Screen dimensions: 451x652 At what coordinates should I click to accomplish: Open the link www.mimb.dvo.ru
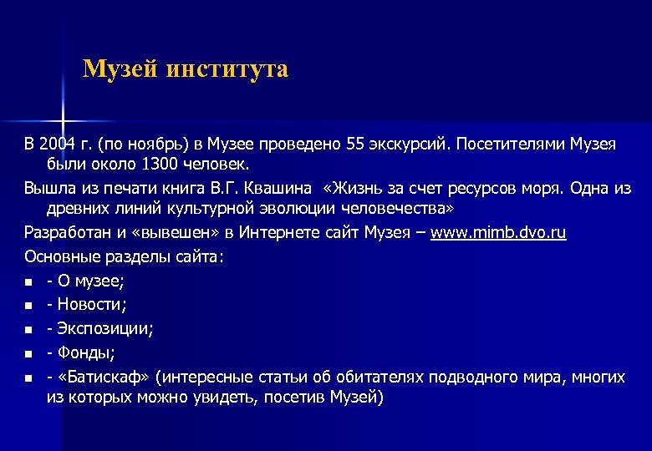[x=498, y=232]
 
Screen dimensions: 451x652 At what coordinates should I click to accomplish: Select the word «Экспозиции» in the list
[x=104, y=329]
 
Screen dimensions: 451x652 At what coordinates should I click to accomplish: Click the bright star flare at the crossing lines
[x=63, y=109]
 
